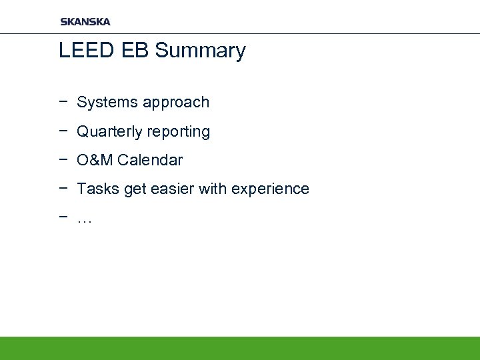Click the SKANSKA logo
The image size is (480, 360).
[x=85, y=21]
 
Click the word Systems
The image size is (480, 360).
[x=104, y=103]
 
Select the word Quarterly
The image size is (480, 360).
[x=109, y=132]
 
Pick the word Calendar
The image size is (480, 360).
[x=150, y=161]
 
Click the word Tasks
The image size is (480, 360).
[x=95, y=189]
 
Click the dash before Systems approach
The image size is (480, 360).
[x=63, y=102]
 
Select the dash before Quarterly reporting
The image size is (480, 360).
[x=63, y=131]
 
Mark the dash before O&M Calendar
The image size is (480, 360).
[x=63, y=160]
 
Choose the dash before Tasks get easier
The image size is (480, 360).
[x=63, y=189]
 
